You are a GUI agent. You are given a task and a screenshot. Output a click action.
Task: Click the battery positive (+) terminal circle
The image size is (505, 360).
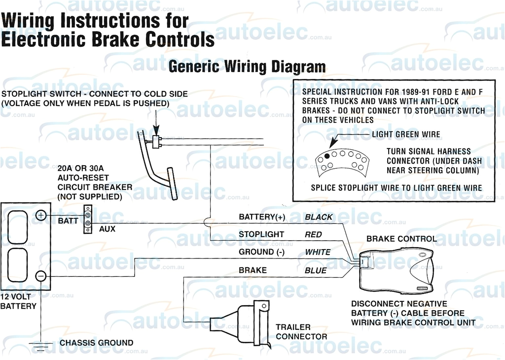41,215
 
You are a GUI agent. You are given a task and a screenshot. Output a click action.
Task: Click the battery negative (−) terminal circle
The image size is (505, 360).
41,276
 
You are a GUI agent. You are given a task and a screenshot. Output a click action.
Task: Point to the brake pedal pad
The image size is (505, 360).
172,183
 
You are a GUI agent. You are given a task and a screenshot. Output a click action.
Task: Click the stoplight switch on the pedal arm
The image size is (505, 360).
157,142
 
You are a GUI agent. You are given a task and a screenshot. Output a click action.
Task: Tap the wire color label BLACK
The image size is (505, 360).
319,217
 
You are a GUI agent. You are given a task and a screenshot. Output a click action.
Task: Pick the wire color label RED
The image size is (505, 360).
313,235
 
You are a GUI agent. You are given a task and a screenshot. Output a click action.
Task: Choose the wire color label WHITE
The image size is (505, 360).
318,252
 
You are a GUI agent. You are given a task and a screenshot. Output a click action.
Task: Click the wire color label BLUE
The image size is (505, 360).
316,270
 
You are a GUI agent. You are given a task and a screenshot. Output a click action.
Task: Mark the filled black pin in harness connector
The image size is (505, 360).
327,156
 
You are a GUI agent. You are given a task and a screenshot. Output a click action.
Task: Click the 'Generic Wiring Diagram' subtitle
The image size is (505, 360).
247,67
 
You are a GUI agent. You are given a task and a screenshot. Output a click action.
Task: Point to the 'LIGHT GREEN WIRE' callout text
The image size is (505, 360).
406,134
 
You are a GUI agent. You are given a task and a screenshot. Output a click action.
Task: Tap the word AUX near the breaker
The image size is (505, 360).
107,229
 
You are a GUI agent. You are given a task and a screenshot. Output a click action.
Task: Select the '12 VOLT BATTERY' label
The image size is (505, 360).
18,301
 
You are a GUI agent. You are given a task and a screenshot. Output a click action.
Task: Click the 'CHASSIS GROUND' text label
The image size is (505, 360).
96,343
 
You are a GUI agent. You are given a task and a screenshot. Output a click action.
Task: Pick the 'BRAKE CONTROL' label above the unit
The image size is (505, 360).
401,239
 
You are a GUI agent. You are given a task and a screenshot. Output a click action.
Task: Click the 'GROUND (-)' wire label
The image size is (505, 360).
264,252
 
